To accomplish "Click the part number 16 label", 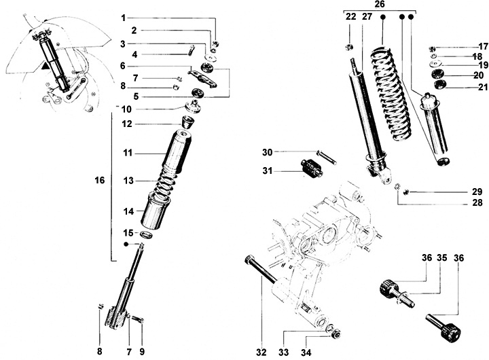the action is (100, 180).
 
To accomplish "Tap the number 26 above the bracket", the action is (380, 4).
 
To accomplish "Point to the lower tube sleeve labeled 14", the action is (156, 211).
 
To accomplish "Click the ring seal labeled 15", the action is (147, 234).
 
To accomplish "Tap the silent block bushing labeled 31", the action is (312, 168).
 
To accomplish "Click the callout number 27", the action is (367, 16).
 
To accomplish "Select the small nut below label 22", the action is (350, 47).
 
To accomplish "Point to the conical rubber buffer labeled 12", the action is (187, 122).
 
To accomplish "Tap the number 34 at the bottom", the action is (306, 353).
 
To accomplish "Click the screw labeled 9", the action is (138, 319).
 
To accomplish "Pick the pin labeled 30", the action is (326, 157).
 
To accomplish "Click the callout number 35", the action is (441, 258).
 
